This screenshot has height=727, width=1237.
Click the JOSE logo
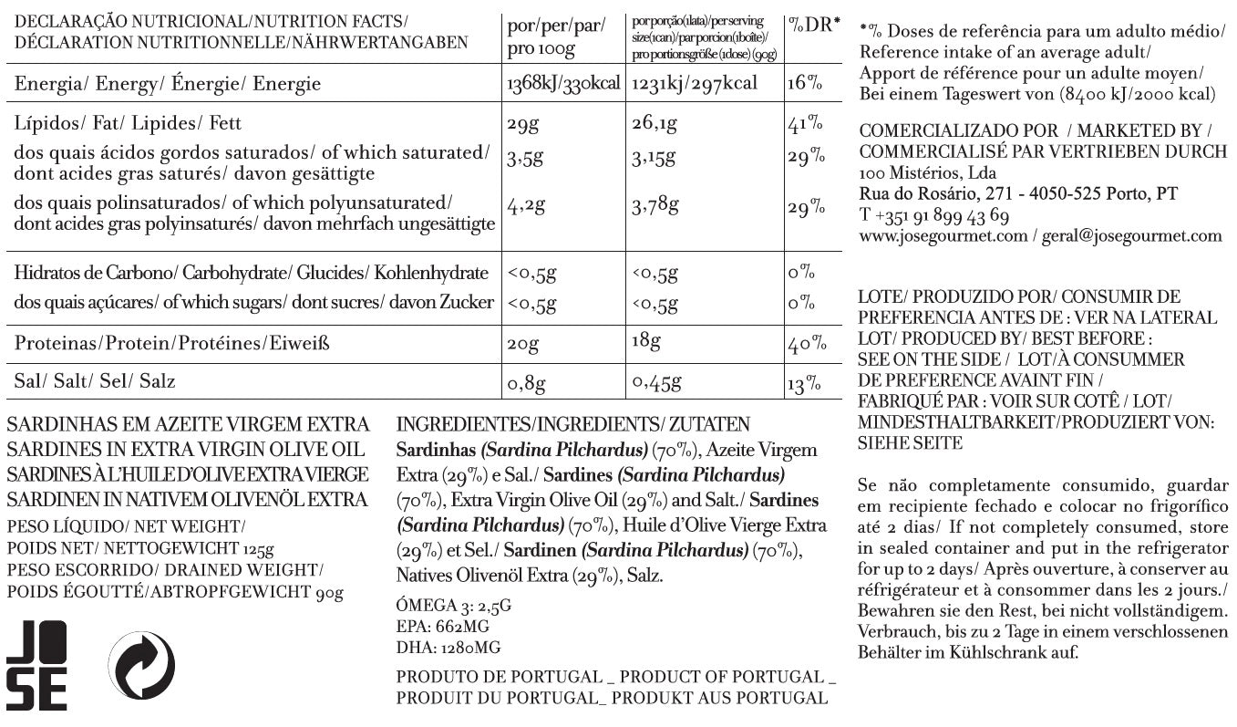pos(36,665)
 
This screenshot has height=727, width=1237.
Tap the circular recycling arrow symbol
pos(141,666)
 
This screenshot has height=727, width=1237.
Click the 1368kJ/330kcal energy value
pos(562,84)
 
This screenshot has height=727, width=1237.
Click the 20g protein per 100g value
pos(524,344)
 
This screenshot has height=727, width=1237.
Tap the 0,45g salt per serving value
pos(657,381)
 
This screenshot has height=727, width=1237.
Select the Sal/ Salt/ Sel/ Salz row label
pos(95,381)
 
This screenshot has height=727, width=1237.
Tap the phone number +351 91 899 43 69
pos(934,215)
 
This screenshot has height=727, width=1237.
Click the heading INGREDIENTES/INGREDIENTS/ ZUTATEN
pos(573,425)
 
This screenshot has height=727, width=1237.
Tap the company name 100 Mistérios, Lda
pos(928,172)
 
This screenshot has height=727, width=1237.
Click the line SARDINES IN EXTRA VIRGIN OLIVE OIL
pos(185,450)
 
